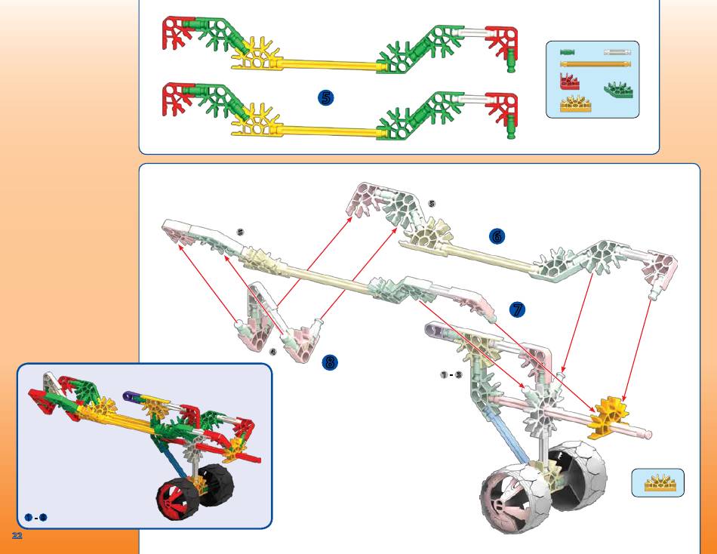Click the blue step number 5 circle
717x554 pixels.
click(325, 97)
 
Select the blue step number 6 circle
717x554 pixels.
click(496, 236)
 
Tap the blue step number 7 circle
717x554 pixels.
click(517, 309)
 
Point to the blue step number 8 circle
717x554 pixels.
click(329, 362)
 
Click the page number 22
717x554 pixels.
click(17, 535)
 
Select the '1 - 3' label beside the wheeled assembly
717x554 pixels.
click(451, 375)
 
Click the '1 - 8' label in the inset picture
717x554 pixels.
click(36, 517)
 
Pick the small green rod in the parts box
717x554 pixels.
click(568, 53)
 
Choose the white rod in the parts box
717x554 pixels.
click(617, 53)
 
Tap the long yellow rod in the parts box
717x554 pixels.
click(593, 65)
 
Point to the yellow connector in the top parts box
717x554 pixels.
click(575, 104)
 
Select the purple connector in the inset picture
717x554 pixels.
click(131, 395)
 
